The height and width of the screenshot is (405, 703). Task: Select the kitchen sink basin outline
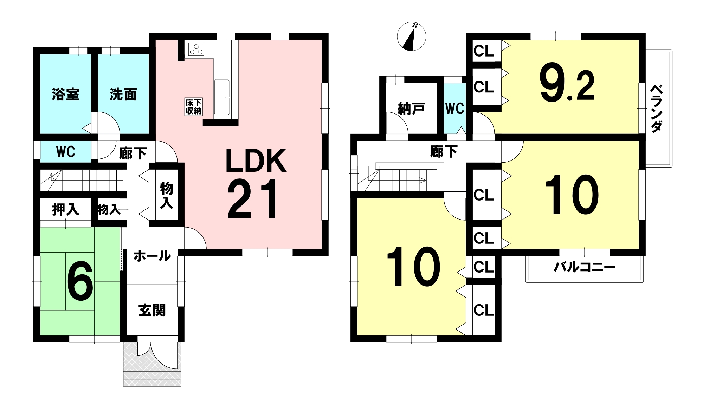click(221, 97)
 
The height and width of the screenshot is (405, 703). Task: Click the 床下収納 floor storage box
click(193, 107)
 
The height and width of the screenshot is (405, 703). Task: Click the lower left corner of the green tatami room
click(40, 335)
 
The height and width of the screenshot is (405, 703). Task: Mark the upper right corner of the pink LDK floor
click(321, 40)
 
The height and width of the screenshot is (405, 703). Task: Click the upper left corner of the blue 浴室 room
click(40, 54)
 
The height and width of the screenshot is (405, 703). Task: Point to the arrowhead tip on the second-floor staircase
click(426, 181)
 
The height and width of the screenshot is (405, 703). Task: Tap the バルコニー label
click(584, 268)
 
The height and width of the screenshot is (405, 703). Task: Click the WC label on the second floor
click(455, 109)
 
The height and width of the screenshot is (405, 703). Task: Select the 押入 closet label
click(66, 210)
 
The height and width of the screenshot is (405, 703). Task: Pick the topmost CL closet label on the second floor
click(484, 51)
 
